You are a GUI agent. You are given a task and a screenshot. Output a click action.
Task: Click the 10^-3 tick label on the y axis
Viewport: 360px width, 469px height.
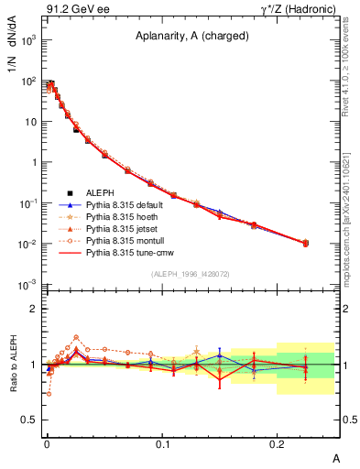point(28,283)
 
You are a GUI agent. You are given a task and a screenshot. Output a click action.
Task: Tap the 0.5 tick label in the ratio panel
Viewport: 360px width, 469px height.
point(29,420)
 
